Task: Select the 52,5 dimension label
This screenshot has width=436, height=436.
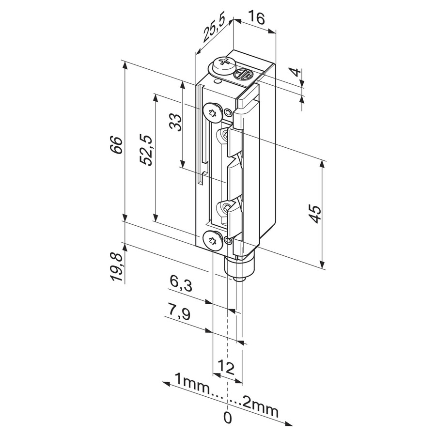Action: click(146, 151)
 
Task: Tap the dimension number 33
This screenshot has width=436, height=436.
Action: click(175, 123)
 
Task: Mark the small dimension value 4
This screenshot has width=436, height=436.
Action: click(296, 72)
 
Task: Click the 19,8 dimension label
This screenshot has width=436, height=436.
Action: click(116, 267)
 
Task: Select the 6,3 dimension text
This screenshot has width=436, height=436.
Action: click(181, 283)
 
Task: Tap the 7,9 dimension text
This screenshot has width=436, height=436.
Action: click(179, 313)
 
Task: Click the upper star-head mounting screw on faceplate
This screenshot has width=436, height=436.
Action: click(213, 112)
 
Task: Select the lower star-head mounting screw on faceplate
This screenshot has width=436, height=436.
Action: click(213, 240)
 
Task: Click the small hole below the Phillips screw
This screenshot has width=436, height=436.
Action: click(218, 81)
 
